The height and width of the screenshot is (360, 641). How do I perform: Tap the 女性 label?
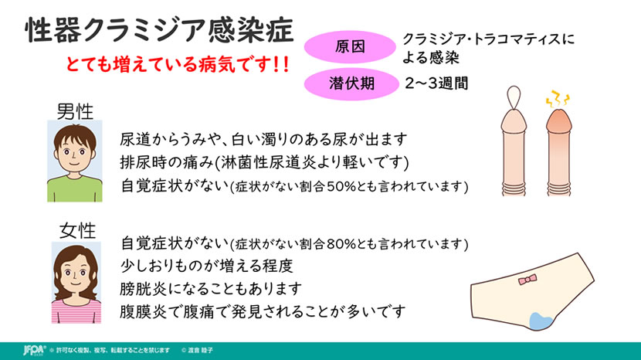click(78, 230)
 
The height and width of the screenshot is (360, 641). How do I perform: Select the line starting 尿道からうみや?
click(263, 140)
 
